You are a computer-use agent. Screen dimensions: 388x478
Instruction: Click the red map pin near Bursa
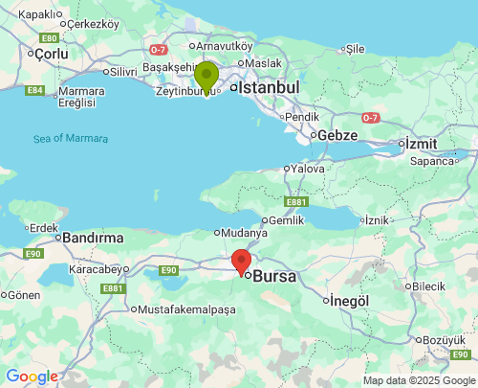click(242, 261)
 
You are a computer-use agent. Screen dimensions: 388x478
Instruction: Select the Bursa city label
click(273, 276)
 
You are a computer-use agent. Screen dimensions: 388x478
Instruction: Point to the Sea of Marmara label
click(71, 138)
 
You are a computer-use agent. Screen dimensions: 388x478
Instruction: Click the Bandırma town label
click(94, 237)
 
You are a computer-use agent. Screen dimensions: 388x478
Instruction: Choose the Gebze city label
click(337, 135)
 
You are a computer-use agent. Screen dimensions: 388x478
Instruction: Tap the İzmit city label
click(422, 143)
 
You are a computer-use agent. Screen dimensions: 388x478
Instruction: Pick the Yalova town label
click(308, 169)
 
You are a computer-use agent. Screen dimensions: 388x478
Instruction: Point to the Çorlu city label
click(51, 55)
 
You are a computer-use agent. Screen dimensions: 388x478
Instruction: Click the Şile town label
click(355, 48)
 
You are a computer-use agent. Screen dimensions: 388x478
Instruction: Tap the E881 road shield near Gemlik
click(296, 202)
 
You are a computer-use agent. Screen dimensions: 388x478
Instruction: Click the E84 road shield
click(35, 90)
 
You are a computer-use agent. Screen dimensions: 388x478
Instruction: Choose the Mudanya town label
click(247, 232)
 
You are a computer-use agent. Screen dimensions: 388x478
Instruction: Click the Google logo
click(32, 377)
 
